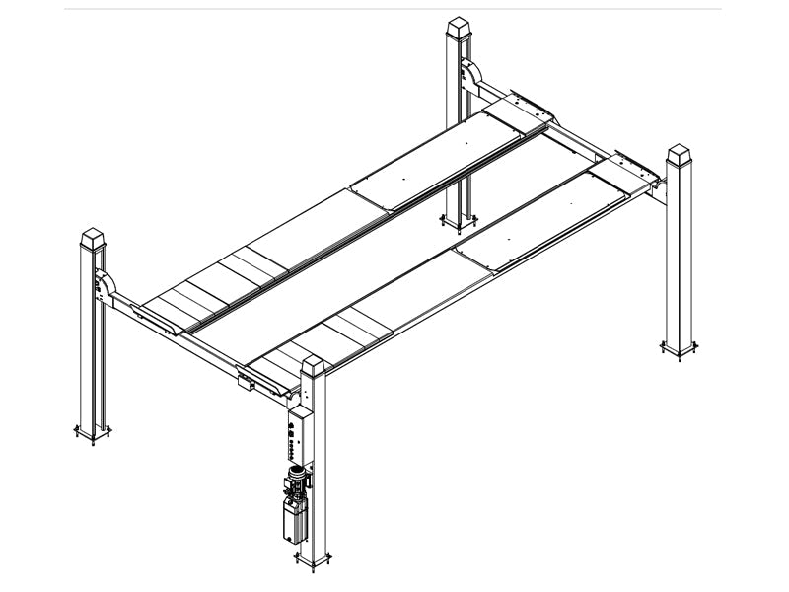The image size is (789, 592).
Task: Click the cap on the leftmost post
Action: coord(92,239)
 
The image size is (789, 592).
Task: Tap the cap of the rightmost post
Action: coord(681,158)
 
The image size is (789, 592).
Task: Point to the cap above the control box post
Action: coord(314,368)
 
